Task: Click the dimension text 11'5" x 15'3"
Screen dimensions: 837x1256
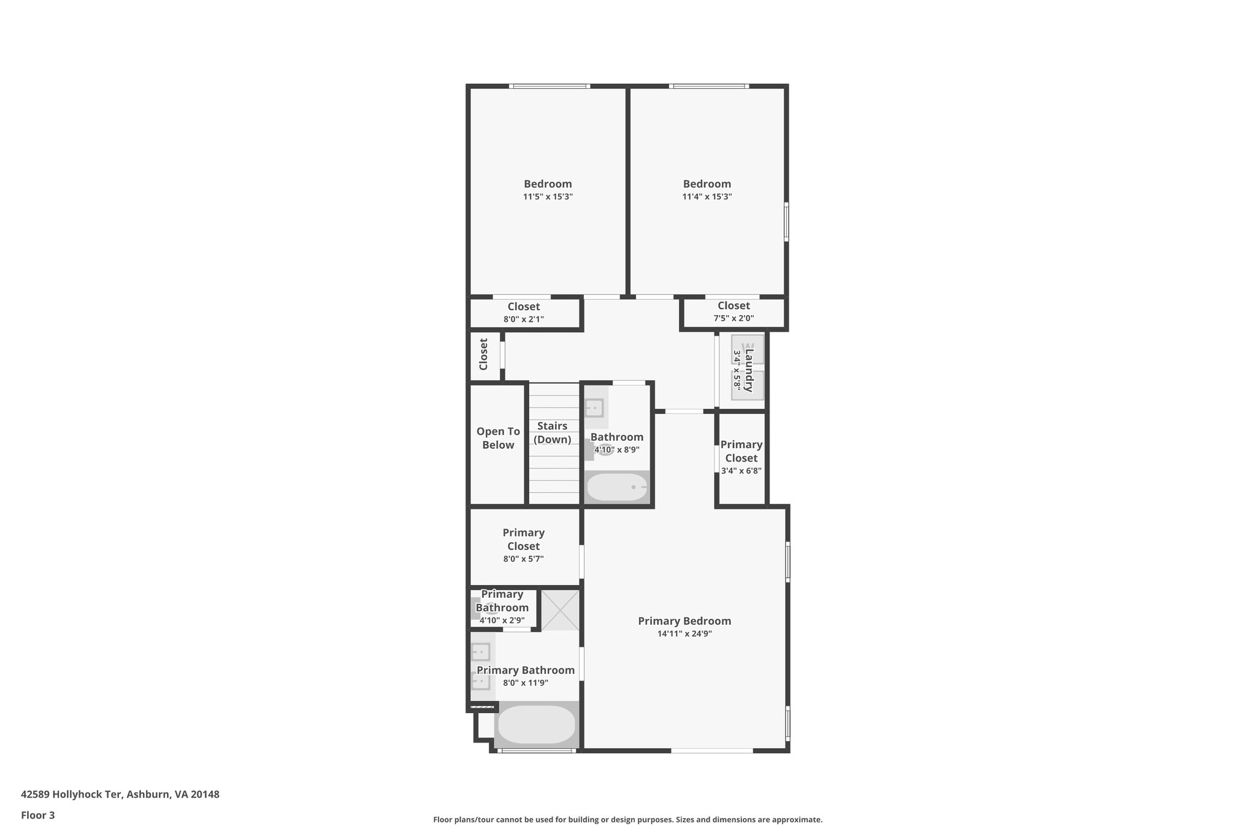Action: coord(548,197)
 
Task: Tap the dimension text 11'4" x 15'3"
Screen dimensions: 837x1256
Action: coord(707,197)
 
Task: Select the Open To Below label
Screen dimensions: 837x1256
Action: coord(498,438)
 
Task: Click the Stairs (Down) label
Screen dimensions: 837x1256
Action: coord(553,432)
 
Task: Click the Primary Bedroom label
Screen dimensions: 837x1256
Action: coord(684,621)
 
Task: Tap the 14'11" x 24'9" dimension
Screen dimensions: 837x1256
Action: coord(684,634)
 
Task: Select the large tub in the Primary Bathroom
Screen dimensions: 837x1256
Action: coord(537,725)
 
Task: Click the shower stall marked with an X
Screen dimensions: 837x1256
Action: coord(560,610)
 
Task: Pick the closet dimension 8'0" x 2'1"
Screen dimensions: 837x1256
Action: coord(524,319)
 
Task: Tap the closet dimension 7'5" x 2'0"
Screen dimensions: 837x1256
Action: coord(733,318)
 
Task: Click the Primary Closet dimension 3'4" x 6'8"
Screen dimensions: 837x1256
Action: coord(741,471)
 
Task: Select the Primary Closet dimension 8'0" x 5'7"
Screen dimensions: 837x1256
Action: coord(524,559)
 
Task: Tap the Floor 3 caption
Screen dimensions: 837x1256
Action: coord(38,816)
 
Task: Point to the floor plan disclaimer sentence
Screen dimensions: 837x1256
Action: coord(627,819)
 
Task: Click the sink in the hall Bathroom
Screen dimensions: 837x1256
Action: coord(594,407)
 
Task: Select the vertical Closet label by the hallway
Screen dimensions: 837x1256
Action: coord(483,354)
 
